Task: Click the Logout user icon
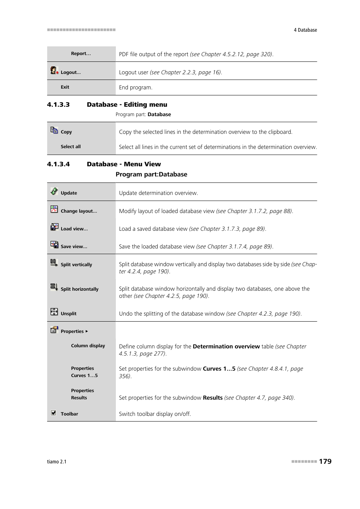(54, 71)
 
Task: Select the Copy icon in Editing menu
(54, 130)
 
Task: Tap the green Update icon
(54, 191)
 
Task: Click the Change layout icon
(54, 209)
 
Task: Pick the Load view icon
(54, 227)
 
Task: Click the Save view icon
(54, 245)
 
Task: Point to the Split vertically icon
(54, 263)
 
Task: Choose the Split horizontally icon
(54, 287)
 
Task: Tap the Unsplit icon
(54, 312)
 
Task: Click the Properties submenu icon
(54, 330)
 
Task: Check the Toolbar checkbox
(54, 413)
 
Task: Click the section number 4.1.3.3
(58, 105)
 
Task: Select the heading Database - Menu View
(124, 164)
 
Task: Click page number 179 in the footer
(325, 461)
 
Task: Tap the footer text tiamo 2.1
(57, 462)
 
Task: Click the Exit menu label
(65, 87)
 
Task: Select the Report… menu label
(81, 54)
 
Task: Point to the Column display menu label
(88, 346)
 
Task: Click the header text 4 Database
(305, 30)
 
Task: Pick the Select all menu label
(71, 147)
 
